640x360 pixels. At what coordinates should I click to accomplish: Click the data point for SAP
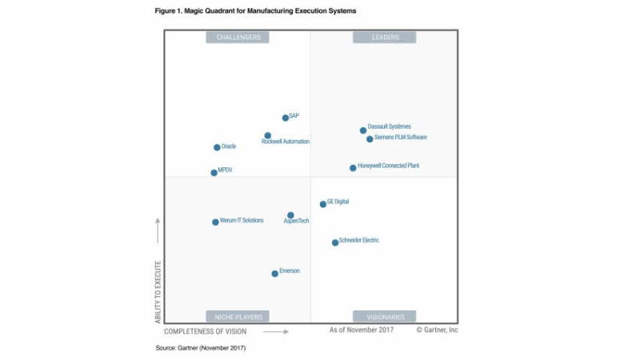pyautogui.click(x=286, y=118)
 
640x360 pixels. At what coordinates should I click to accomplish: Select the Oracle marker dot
pyautogui.click(x=217, y=147)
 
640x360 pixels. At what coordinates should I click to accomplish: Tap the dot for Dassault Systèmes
pyautogui.click(x=362, y=130)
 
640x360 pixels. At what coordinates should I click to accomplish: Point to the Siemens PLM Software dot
pyautogui.click(x=370, y=138)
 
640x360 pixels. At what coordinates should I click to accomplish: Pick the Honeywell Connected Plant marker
pyautogui.click(x=353, y=168)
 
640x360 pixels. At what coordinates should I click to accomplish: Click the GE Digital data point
pyautogui.click(x=323, y=204)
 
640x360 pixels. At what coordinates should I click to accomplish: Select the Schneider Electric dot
pyautogui.click(x=335, y=242)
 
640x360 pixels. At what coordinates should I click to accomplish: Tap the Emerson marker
pyautogui.click(x=274, y=274)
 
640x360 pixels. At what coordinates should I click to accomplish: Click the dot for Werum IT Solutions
pyautogui.click(x=215, y=222)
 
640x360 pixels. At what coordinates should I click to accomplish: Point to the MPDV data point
pyautogui.click(x=214, y=172)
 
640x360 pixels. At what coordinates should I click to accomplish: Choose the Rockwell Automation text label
pyautogui.click(x=286, y=142)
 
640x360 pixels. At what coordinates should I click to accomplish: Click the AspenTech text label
pyautogui.click(x=297, y=222)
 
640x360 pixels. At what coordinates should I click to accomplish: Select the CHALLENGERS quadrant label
pyautogui.click(x=238, y=37)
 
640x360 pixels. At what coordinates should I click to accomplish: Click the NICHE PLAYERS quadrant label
pyautogui.click(x=238, y=316)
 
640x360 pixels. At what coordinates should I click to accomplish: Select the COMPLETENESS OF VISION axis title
pyautogui.click(x=206, y=331)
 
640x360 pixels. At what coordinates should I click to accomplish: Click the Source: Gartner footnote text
pyautogui.click(x=201, y=348)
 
